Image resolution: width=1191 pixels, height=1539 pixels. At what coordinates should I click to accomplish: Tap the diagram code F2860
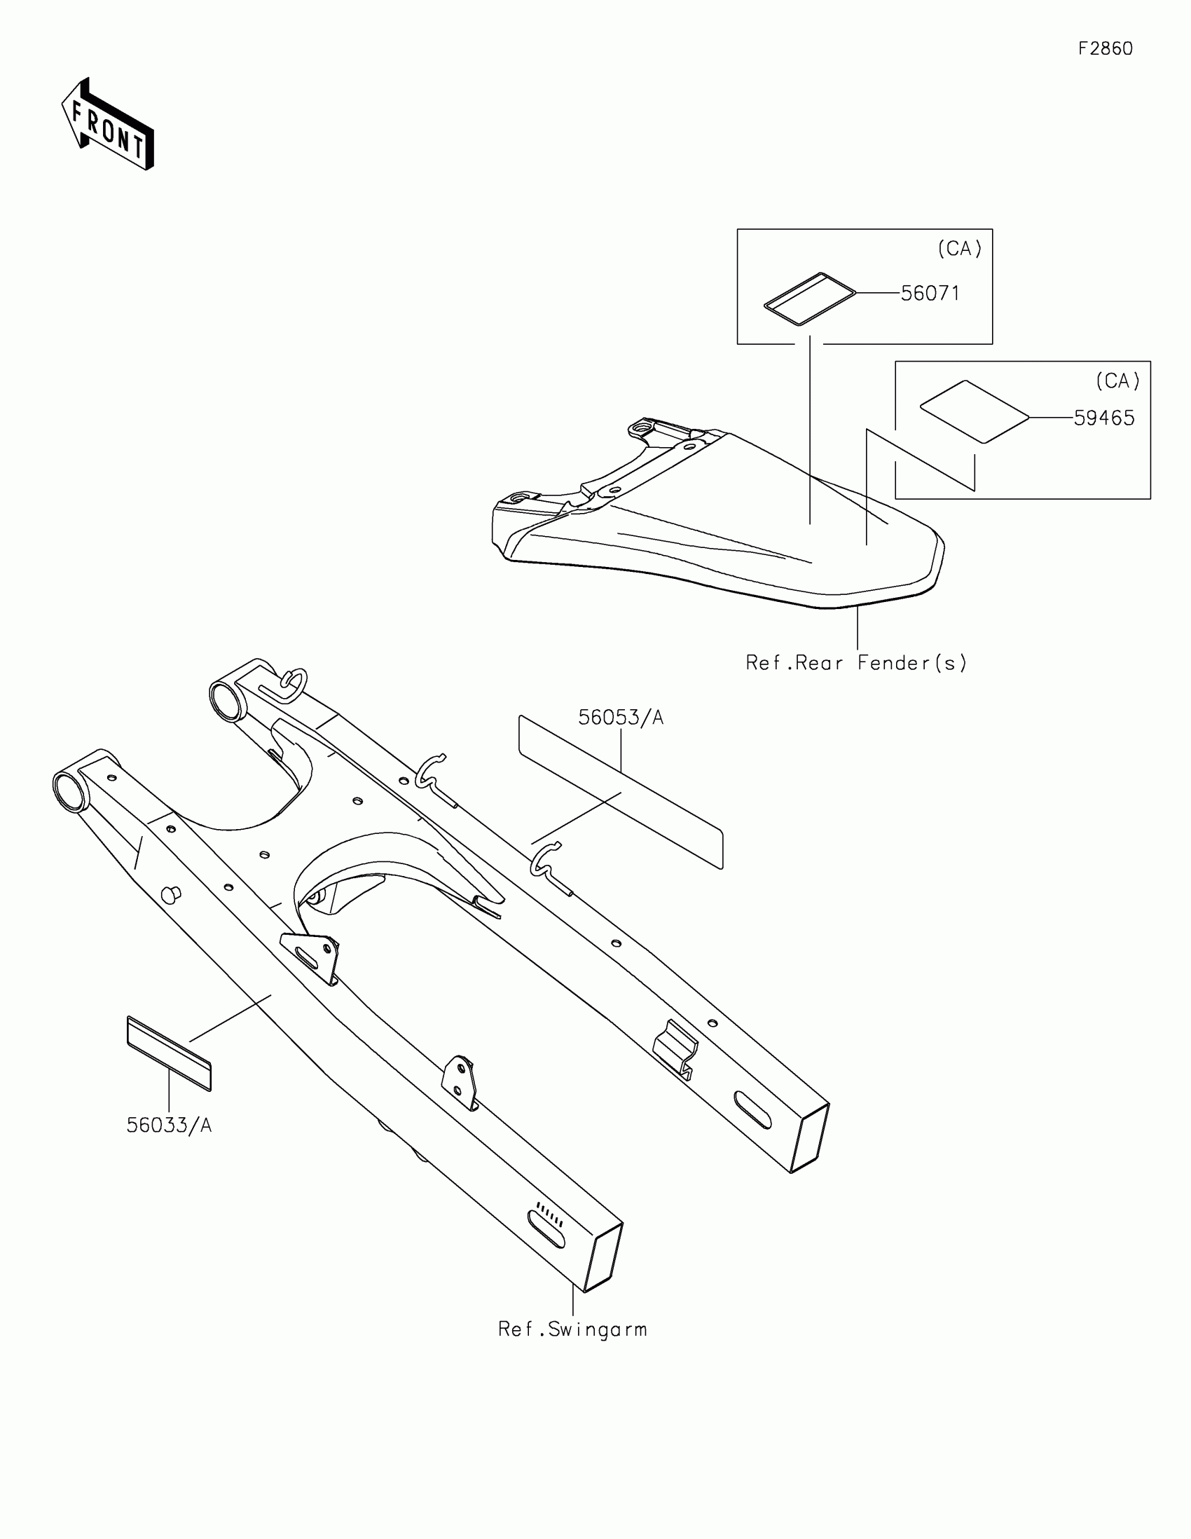tap(1105, 48)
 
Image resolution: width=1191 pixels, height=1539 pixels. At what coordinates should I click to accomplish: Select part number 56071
tap(930, 293)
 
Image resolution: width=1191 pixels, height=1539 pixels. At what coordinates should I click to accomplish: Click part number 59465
tap(1103, 418)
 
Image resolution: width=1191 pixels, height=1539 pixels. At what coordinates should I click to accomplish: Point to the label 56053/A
tap(621, 718)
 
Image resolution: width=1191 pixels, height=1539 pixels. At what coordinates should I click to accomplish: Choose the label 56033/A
tap(169, 1126)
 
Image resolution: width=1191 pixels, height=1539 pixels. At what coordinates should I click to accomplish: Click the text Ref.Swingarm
tap(572, 1329)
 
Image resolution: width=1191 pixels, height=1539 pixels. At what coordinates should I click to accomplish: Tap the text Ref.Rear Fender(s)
tap(855, 663)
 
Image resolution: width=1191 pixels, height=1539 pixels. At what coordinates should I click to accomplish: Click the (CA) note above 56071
tap(959, 249)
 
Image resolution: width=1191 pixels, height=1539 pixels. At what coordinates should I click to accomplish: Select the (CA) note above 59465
tap(1117, 381)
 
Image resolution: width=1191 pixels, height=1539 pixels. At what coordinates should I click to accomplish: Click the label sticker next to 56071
tap(810, 299)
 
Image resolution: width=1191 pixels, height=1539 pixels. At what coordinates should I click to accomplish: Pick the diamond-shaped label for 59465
tap(975, 412)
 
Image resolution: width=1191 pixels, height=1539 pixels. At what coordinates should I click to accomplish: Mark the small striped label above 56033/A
tap(169, 1053)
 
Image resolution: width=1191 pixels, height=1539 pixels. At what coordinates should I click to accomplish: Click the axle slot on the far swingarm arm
tap(752, 1110)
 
